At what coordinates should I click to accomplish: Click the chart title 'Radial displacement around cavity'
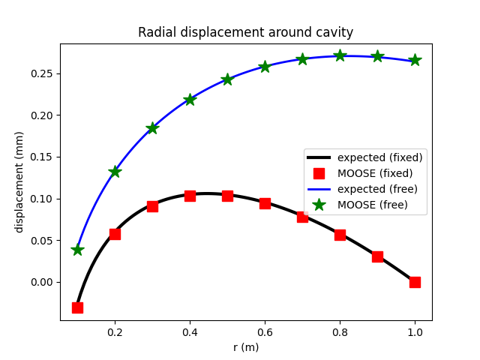point(245,32)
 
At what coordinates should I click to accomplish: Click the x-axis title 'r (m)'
point(245,347)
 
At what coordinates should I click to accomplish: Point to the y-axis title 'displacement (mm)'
point(19,181)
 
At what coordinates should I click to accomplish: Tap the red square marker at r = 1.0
point(415,282)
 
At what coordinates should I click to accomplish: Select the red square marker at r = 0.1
point(77,307)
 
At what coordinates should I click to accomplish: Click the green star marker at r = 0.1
point(77,250)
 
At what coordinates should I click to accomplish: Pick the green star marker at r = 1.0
point(415,60)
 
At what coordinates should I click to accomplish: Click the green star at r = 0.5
point(227,79)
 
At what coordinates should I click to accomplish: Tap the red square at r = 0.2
point(115,234)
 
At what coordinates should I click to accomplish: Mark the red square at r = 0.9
point(377,256)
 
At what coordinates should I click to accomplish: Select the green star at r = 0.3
point(152,128)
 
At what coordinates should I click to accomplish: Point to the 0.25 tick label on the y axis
point(43,73)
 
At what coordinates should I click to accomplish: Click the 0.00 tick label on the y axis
point(43,282)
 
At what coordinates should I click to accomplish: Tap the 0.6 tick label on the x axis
point(265,332)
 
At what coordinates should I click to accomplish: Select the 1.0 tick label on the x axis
point(415,332)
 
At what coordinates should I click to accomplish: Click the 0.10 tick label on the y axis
point(43,199)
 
